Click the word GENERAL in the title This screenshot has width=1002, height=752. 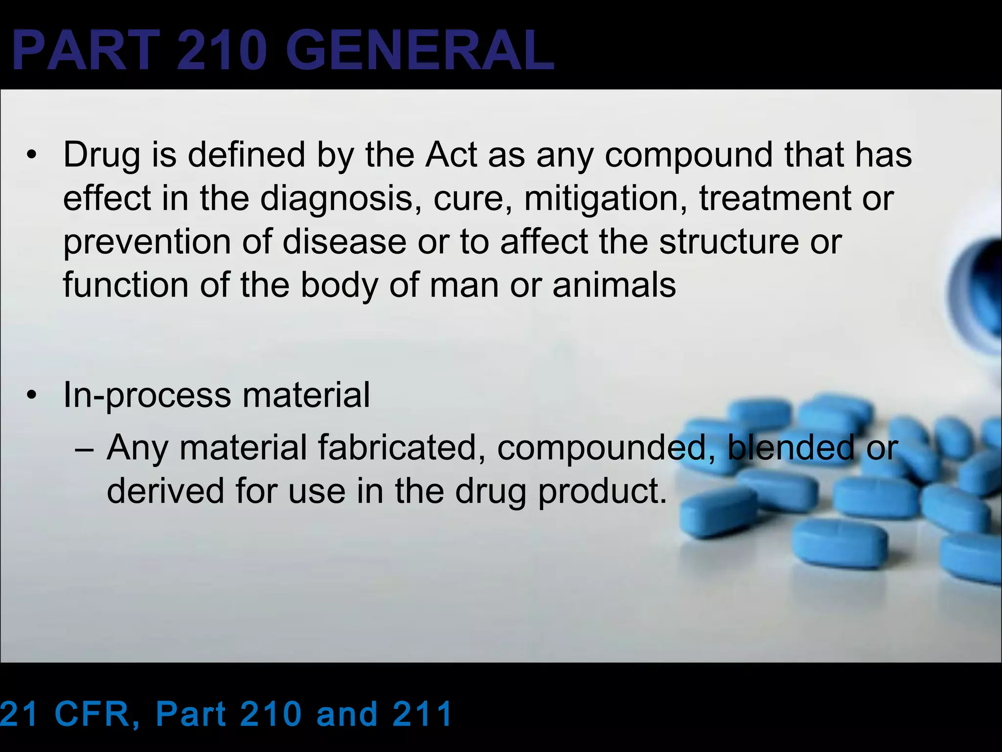click(x=420, y=51)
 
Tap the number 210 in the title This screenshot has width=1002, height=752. click(x=223, y=51)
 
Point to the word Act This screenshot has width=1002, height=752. click(x=451, y=155)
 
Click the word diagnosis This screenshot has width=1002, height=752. click(x=337, y=199)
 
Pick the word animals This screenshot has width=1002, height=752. click(x=614, y=285)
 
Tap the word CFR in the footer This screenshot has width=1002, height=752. click(x=98, y=714)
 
